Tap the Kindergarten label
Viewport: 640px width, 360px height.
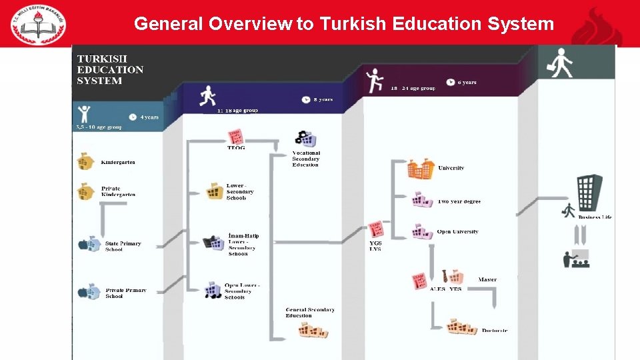118,162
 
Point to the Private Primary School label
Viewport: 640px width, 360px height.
125,293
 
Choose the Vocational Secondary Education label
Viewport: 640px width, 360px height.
306,159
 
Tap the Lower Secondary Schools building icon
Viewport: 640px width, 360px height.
215,191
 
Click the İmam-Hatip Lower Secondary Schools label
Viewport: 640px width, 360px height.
243,245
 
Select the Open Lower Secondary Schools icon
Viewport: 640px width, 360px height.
213,289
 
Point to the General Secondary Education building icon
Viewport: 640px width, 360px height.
313,330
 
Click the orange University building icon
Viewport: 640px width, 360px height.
421,169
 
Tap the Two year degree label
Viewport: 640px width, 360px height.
459,201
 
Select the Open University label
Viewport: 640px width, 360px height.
457,232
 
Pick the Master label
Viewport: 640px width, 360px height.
487,279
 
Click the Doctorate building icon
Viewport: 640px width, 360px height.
462,327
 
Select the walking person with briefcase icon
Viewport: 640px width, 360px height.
561,62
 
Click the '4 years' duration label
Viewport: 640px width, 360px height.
149,117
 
